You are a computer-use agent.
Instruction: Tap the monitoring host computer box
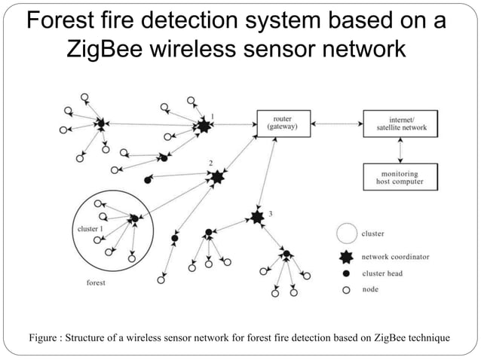(400, 177)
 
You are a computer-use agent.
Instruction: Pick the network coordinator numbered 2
(217, 177)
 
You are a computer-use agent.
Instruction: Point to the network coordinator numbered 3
(257, 218)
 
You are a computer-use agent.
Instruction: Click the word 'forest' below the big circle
(95, 283)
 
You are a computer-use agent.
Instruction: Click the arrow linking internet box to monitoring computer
(400, 150)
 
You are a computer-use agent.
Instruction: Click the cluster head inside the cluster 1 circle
(134, 219)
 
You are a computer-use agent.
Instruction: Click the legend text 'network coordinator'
(396, 256)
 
